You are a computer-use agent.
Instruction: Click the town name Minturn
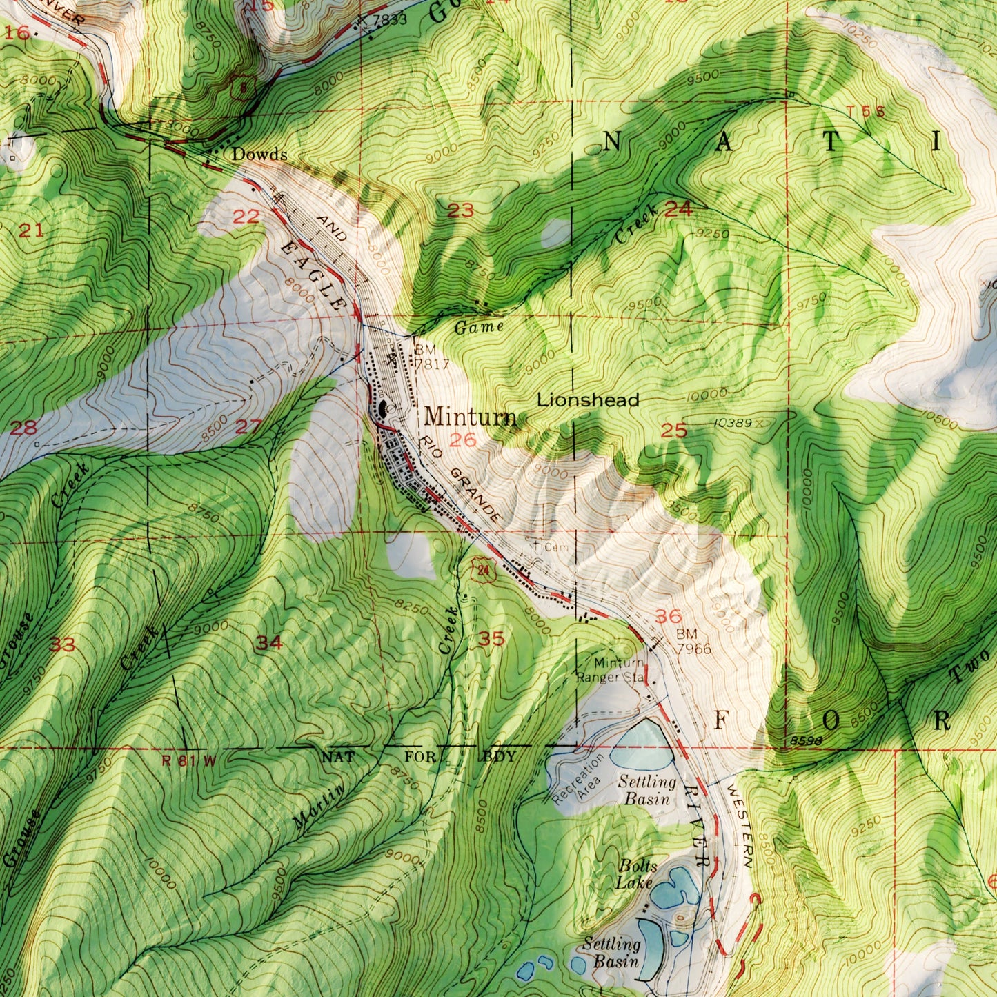pyautogui.click(x=470, y=417)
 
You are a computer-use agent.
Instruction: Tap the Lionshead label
pyautogui.click(x=588, y=399)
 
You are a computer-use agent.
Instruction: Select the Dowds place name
pyautogui.click(x=259, y=155)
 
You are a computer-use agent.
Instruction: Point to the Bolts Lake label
pyautogui.click(x=636, y=873)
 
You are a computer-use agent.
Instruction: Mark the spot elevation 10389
pyautogui.click(x=733, y=422)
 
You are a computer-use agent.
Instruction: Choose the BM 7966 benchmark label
pyautogui.click(x=693, y=642)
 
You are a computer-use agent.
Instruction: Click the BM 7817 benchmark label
pyautogui.click(x=431, y=357)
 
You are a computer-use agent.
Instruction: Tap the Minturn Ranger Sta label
pyautogui.click(x=610, y=671)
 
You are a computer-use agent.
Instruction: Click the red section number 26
pyautogui.click(x=462, y=440)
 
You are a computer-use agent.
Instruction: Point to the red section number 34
pyautogui.click(x=269, y=643)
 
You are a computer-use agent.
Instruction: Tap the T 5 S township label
pyautogui.click(x=865, y=112)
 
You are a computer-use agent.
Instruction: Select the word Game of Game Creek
pyautogui.click(x=479, y=326)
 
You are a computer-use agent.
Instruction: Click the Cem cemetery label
pyautogui.click(x=556, y=547)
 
